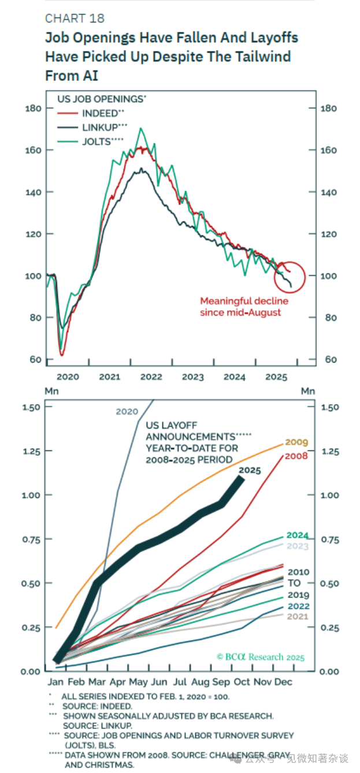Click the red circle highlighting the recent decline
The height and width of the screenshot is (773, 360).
(x=289, y=276)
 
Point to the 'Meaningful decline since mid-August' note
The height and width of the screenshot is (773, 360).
(x=244, y=306)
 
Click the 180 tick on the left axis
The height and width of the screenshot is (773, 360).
(x=33, y=108)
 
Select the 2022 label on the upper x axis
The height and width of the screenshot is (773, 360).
(x=151, y=377)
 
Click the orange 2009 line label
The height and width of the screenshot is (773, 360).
(x=296, y=442)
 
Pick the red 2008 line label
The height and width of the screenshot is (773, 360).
(x=296, y=456)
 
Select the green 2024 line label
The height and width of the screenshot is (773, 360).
(x=297, y=535)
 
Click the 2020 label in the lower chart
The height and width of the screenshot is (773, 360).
(x=127, y=412)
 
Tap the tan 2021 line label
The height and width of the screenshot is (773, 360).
(x=298, y=617)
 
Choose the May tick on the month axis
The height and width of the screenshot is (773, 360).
(x=140, y=682)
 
